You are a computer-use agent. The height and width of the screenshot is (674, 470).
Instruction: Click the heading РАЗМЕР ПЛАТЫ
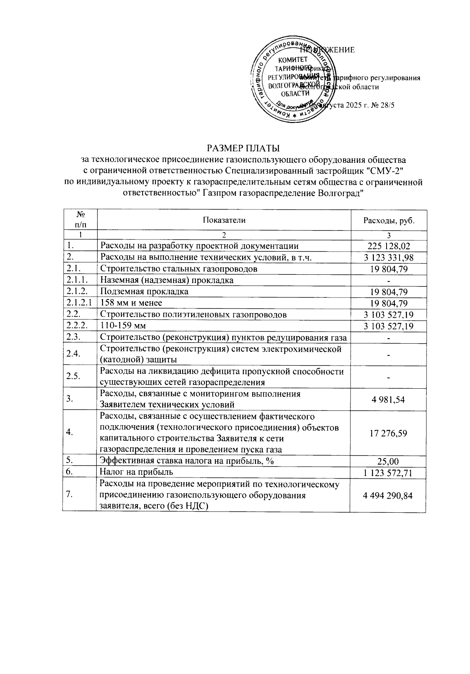point(244,148)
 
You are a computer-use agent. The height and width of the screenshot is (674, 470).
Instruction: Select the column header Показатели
point(224,220)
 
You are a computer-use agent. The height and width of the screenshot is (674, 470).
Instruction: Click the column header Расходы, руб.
point(389,220)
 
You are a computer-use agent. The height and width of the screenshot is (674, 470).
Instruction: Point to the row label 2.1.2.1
point(80,303)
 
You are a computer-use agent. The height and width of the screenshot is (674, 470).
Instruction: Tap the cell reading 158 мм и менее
point(131,303)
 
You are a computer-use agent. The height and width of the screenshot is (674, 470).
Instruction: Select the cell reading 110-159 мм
point(123,326)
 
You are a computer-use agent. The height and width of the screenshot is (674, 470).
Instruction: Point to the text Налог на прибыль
point(136,472)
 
